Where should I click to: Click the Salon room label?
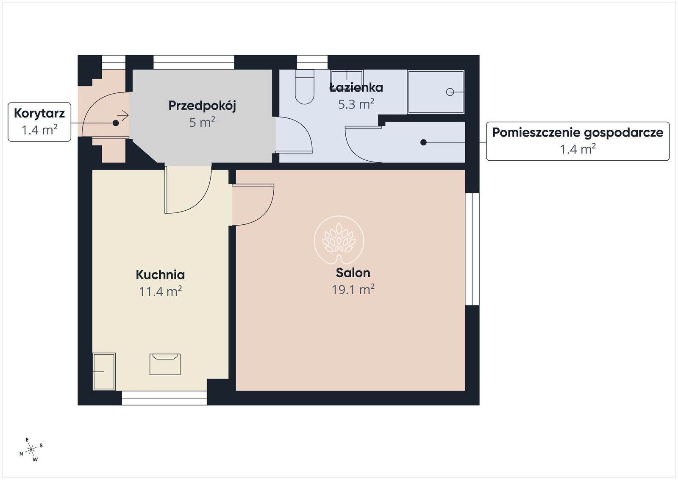coord(353,273)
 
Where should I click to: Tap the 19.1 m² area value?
coord(353,290)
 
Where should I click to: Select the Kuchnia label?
coord(160,275)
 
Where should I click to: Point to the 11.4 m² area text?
coord(160,291)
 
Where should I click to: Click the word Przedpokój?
coord(202,106)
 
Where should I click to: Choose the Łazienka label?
coord(356,87)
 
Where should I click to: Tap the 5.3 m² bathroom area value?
coord(356,104)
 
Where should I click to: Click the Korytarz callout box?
coord(39,122)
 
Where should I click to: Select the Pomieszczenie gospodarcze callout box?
coord(578,141)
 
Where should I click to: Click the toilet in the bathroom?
coord(305,87)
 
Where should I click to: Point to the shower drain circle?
coord(450,92)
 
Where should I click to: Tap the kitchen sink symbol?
coord(165,364)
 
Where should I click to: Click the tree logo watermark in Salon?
coord(339,241)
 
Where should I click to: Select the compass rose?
coord(31,450)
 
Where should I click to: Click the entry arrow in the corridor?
coord(123,115)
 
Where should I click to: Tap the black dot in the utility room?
coord(423,142)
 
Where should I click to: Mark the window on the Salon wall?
coord(472,249)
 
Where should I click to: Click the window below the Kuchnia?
coord(164,398)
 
